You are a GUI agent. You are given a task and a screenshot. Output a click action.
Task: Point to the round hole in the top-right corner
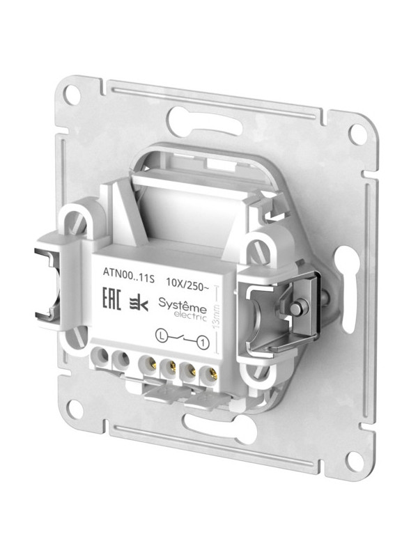pyautogui.click(x=357, y=133)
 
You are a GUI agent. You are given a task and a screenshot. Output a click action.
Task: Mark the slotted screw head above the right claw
pyautogui.click(x=259, y=248)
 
